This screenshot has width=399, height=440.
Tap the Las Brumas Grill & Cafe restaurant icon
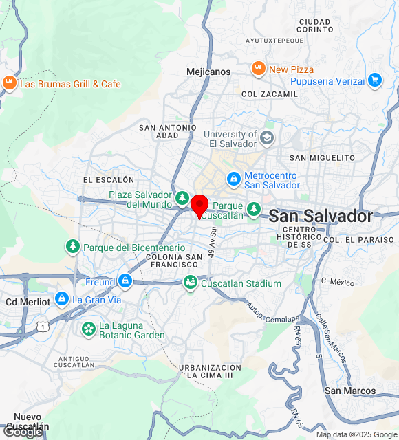9,83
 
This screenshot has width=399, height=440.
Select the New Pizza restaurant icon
258,69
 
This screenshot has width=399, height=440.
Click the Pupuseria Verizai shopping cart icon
374,80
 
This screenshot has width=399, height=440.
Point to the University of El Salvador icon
266,139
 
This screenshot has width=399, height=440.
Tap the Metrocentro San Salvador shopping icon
234,179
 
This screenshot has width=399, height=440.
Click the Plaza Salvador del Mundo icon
182,199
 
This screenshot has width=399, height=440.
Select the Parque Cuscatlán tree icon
254,207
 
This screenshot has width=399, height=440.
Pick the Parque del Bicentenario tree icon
72,246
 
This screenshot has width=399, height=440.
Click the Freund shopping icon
125,280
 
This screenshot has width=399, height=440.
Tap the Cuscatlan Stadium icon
190,283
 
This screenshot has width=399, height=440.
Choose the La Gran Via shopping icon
62,299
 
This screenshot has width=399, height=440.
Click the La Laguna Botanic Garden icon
88,329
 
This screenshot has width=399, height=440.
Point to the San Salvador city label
321,216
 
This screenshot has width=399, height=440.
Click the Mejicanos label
208,71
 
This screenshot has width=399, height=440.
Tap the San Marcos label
350,390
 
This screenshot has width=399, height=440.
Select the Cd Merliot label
28,302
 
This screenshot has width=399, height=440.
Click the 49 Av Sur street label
213,242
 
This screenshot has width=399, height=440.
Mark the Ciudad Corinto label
316,25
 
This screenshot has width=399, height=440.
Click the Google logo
23,431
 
